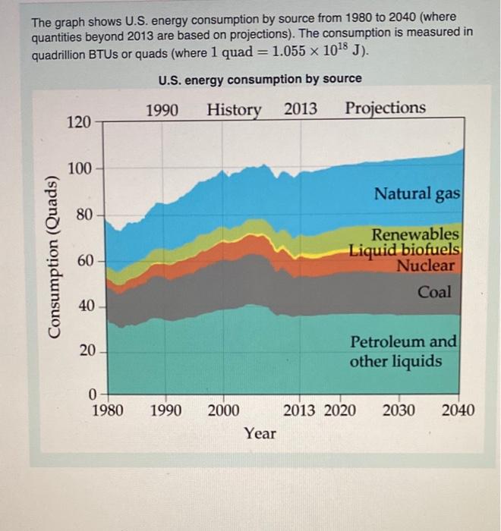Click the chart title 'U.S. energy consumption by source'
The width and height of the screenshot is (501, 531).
pos(260,79)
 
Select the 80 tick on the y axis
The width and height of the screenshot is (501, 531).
pos(83,215)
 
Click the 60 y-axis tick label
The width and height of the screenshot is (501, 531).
pos(83,261)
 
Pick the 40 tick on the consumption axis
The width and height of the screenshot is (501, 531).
pos(83,306)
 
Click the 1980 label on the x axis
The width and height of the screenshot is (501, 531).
pos(107,411)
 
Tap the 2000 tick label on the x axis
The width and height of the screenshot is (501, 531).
pos(223,411)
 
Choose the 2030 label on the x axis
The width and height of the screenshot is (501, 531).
pos(399,411)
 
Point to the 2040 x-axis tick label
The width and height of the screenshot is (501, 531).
pos(458,411)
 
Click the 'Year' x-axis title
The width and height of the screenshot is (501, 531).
pos(260,434)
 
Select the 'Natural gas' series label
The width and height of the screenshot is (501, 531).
pos(417,194)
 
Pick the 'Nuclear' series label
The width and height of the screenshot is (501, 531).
pos(426,265)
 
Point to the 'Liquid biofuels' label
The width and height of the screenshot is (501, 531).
pos(405,250)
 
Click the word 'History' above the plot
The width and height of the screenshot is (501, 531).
pos(234,109)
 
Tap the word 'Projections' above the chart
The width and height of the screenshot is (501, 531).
pos(386,108)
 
